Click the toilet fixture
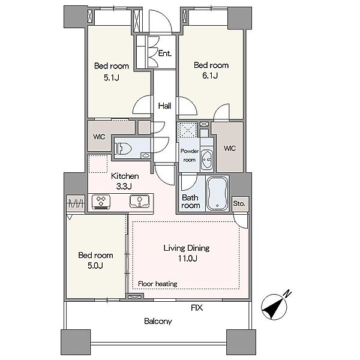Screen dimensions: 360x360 coord(124,148)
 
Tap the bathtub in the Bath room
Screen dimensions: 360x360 coord(217,193)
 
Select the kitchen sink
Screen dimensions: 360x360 coord(139,201)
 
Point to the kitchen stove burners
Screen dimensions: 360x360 coord(101,202)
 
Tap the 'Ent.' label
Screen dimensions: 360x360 coord(165,53)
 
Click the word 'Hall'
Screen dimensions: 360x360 coord(164,106)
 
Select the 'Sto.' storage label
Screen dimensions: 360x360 coord(239,203)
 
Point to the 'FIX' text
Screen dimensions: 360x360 coord(197,308)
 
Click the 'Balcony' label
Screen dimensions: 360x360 coord(158,321)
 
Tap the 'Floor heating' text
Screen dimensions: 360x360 coord(157,284)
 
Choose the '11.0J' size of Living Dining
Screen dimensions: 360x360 coord(188,259)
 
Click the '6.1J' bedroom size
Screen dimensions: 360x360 coord(210,76)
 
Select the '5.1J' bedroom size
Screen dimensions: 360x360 coord(112,77)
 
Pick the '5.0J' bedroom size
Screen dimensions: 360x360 coord(95,266)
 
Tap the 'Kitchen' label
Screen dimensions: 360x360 coord(125,176)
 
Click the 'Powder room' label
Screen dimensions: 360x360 coord(190,155)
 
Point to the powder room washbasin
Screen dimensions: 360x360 coord(207,160)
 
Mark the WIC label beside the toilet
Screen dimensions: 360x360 coord(99,137)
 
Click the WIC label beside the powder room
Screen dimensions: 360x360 coord(230,148)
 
